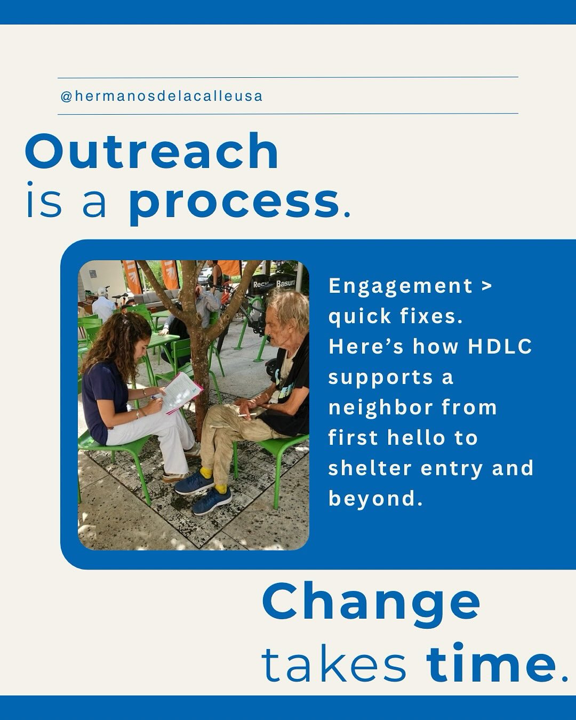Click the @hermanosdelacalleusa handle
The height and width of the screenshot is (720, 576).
pos(162,97)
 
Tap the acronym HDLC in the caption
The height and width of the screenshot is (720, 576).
pos(500,347)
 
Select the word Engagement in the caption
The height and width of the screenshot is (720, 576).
pos(401,286)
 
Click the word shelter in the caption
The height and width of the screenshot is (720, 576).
pos(370,468)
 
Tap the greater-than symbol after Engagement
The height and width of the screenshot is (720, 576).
pos(486,286)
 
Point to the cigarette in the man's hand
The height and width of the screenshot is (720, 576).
pos(245,413)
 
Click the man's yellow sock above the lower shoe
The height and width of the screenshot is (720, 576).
pos(220,489)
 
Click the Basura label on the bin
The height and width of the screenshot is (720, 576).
pos(285,284)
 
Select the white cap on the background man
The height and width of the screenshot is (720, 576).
pos(102,292)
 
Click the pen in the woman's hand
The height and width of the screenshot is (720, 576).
pos(155,397)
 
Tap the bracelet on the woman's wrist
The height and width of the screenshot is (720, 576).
pos(138,414)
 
